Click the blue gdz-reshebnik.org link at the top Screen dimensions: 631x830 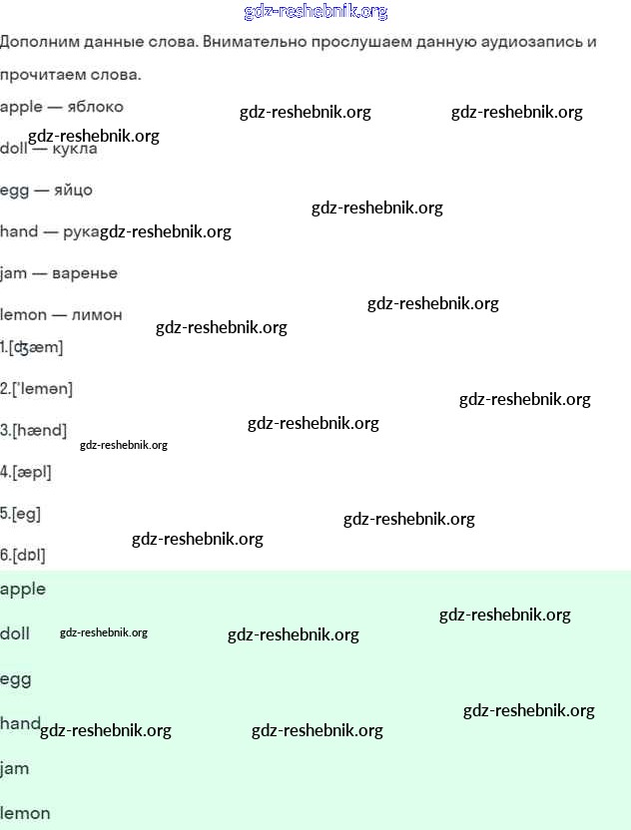click(315, 12)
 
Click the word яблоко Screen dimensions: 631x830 click(96, 107)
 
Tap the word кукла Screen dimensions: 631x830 click(75, 149)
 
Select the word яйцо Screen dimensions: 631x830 click(73, 190)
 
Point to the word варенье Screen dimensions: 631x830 click(85, 273)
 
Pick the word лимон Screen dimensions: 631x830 click(97, 315)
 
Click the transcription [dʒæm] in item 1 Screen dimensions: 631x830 click(36, 348)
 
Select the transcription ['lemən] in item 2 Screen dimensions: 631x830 click(42, 389)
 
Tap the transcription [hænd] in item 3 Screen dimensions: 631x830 click(40, 430)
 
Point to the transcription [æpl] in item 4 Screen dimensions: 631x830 click(32, 472)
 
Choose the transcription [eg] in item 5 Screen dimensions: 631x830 click(27, 514)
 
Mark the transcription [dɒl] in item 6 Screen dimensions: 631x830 click(29, 556)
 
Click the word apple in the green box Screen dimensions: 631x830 click(23, 590)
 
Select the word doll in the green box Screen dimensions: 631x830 click(15, 633)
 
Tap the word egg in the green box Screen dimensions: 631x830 click(16, 679)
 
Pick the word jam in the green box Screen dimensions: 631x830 click(14, 768)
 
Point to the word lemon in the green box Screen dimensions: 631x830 click(25, 813)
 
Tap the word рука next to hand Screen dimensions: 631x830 click(81, 232)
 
